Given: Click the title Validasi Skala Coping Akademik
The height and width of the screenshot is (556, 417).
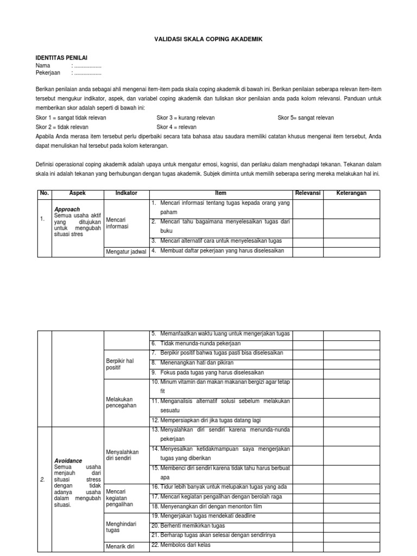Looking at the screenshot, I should tap(208, 39).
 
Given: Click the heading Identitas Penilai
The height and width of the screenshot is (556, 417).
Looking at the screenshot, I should tap(61, 58).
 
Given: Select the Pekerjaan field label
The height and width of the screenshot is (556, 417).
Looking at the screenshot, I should tap(48, 73).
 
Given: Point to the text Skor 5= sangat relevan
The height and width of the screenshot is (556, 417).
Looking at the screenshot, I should tap(306, 117).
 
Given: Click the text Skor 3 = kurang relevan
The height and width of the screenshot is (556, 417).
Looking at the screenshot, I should tap(186, 117).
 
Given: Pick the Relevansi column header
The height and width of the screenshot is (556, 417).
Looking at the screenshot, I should tap(308, 193).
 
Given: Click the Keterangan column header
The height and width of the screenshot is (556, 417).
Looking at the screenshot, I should tap(351, 193).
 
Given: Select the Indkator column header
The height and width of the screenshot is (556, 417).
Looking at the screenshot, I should tap(126, 193).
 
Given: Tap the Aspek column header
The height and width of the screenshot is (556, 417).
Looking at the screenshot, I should tap(78, 193).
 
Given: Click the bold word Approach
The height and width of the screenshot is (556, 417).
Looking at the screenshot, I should tap(67, 209).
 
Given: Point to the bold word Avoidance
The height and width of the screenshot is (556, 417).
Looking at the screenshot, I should tap(68, 460).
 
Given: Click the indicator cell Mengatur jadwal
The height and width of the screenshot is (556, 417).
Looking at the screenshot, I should tap(126, 251).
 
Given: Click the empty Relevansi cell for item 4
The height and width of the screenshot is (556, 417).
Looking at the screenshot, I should tap(308, 251).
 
